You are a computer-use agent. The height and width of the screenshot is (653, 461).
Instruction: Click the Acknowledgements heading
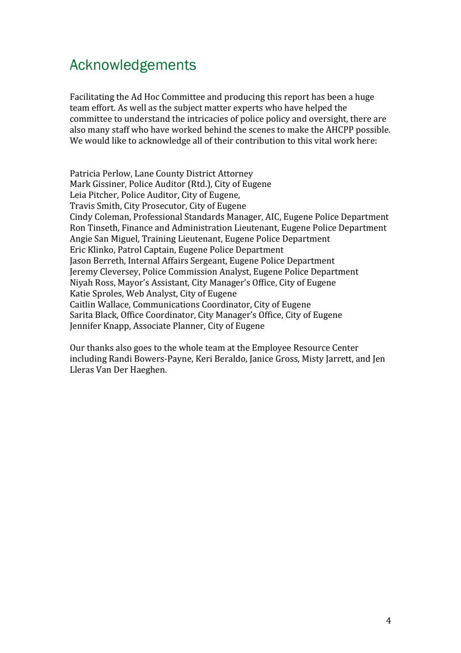click(133, 65)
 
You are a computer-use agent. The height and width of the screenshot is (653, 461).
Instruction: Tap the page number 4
click(388, 621)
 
